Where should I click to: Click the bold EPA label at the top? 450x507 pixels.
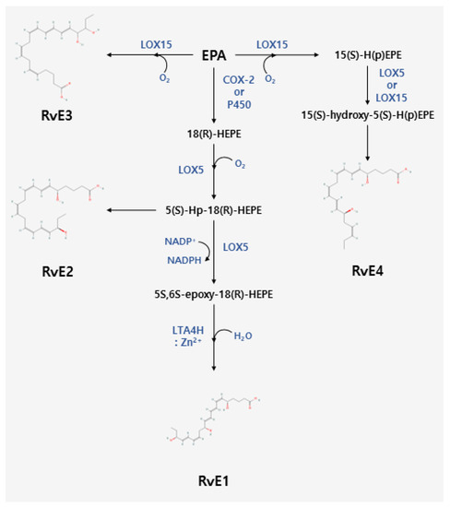point(215,56)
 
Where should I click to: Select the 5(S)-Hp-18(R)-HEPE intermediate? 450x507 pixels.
point(214,210)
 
